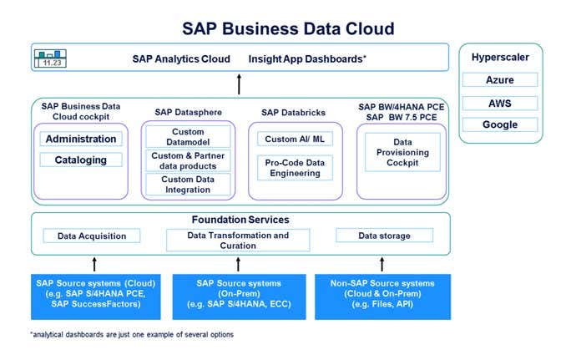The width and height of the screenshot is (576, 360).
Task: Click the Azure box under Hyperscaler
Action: point(500,80)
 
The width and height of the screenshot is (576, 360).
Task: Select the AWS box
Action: point(500,103)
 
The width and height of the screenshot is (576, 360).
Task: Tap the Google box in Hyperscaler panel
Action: point(500,124)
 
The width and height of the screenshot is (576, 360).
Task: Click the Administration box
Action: point(81,139)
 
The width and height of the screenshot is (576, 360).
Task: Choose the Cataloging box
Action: point(81,160)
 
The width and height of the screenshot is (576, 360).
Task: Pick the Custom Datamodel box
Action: point(188,138)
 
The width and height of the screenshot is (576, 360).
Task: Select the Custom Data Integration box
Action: point(188,184)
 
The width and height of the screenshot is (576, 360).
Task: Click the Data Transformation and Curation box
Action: point(238,241)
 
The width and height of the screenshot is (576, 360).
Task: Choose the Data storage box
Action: point(384,236)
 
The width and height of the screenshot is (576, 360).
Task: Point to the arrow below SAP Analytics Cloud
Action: point(239,84)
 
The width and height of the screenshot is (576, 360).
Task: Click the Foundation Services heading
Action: point(239,220)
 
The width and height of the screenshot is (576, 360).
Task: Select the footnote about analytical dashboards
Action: point(132,334)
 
